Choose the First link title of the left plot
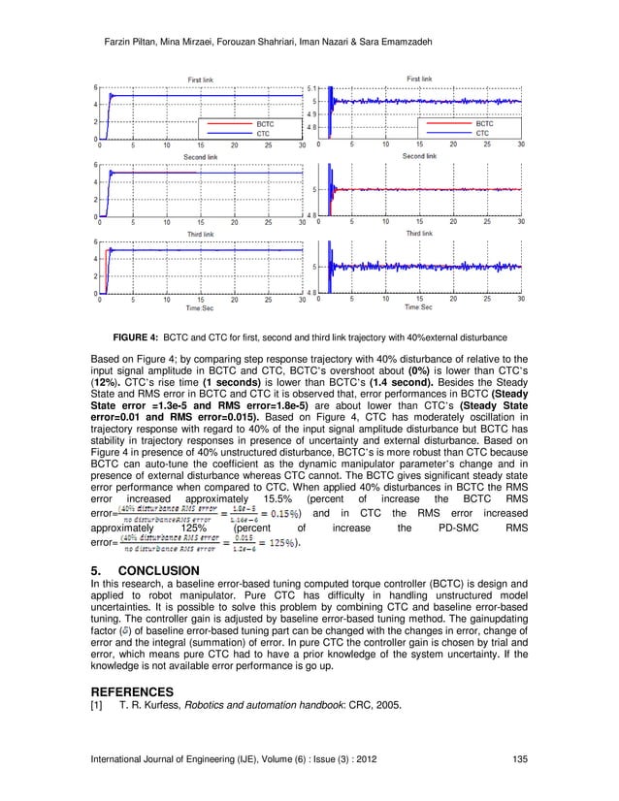(202, 79)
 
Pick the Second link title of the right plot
(419, 155)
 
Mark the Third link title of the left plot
(202, 233)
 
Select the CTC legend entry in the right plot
(482, 133)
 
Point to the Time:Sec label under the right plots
(419, 307)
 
